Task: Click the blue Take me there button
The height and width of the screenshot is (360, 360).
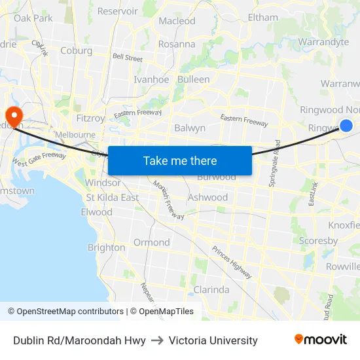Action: [x=179, y=160]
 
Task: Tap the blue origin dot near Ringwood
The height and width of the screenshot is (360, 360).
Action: [x=346, y=125]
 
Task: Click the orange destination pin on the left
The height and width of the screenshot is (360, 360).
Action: [x=13, y=114]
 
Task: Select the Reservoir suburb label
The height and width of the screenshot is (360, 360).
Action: [x=117, y=11]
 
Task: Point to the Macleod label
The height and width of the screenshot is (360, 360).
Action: [x=177, y=21]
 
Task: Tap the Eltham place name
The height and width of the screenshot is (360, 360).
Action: [x=262, y=18]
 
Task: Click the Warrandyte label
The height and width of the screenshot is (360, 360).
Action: [x=323, y=42]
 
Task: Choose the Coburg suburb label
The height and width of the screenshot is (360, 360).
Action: [x=76, y=50]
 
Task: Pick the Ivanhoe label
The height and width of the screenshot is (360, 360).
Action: [x=151, y=79]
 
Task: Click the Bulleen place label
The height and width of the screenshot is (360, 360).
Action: [x=194, y=79]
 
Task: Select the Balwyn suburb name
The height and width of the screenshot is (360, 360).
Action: [x=190, y=128]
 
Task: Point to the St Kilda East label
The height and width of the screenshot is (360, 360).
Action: [x=113, y=197]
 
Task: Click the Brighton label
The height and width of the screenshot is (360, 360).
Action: [x=106, y=247]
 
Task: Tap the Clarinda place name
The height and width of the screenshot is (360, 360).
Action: [x=211, y=289]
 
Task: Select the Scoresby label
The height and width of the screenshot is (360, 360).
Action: [x=318, y=241]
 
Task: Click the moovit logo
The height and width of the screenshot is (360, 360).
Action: [x=320, y=339]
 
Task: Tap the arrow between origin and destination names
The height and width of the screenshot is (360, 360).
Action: [x=157, y=340]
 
